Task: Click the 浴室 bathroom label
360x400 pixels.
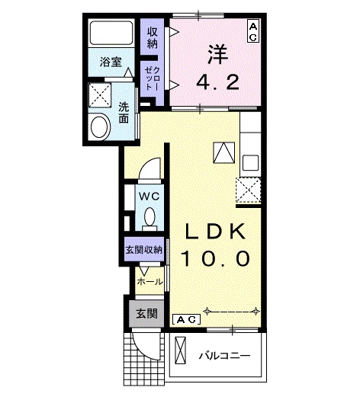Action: [x=111, y=62]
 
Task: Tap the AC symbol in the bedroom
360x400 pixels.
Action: [x=252, y=30]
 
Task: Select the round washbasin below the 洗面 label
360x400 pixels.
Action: [x=100, y=126]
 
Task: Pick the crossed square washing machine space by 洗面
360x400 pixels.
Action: [x=100, y=95]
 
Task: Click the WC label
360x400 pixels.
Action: [x=148, y=195]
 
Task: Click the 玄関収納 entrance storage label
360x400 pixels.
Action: [x=143, y=250]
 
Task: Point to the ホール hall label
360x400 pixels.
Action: [x=149, y=281]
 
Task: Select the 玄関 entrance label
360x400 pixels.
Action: [x=146, y=312]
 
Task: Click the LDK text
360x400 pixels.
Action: [x=213, y=231]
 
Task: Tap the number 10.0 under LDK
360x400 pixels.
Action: [x=214, y=259]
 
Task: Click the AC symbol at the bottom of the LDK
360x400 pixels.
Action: [x=187, y=318]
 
